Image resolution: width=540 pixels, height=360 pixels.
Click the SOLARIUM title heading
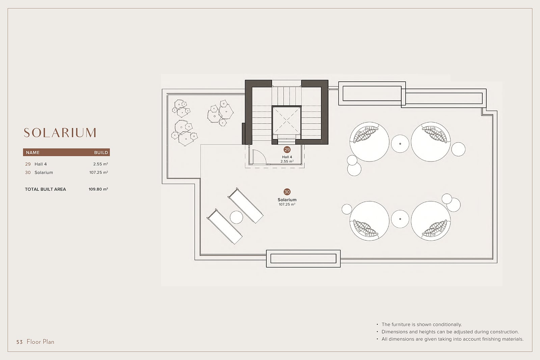(60, 133)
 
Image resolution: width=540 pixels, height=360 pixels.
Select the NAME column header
(32, 153)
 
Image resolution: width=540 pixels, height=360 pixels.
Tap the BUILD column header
(101, 153)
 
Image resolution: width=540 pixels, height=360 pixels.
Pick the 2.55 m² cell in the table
(101, 164)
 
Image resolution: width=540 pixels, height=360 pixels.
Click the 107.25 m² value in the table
(99, 173)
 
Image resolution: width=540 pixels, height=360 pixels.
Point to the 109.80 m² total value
(98, 189)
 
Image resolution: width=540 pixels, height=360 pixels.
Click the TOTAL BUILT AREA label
(45, 189)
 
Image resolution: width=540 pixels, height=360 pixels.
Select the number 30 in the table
(28, 173)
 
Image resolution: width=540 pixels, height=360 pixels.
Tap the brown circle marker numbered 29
(287, 150)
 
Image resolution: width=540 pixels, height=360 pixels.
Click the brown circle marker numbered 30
(287, 192)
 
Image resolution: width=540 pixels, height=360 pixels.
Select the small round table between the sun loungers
(236, 217)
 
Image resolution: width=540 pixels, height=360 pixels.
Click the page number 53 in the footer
(20, 342)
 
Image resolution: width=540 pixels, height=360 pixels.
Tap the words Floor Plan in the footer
(40, 342)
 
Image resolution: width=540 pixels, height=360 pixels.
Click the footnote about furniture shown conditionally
(422, 325)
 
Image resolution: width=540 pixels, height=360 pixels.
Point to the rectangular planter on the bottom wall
(303, 259)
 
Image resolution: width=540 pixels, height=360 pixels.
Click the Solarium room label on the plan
(287, 200)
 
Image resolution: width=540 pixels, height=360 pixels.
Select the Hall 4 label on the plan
(287, 157)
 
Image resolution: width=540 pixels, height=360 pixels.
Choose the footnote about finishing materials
(453, 339)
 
